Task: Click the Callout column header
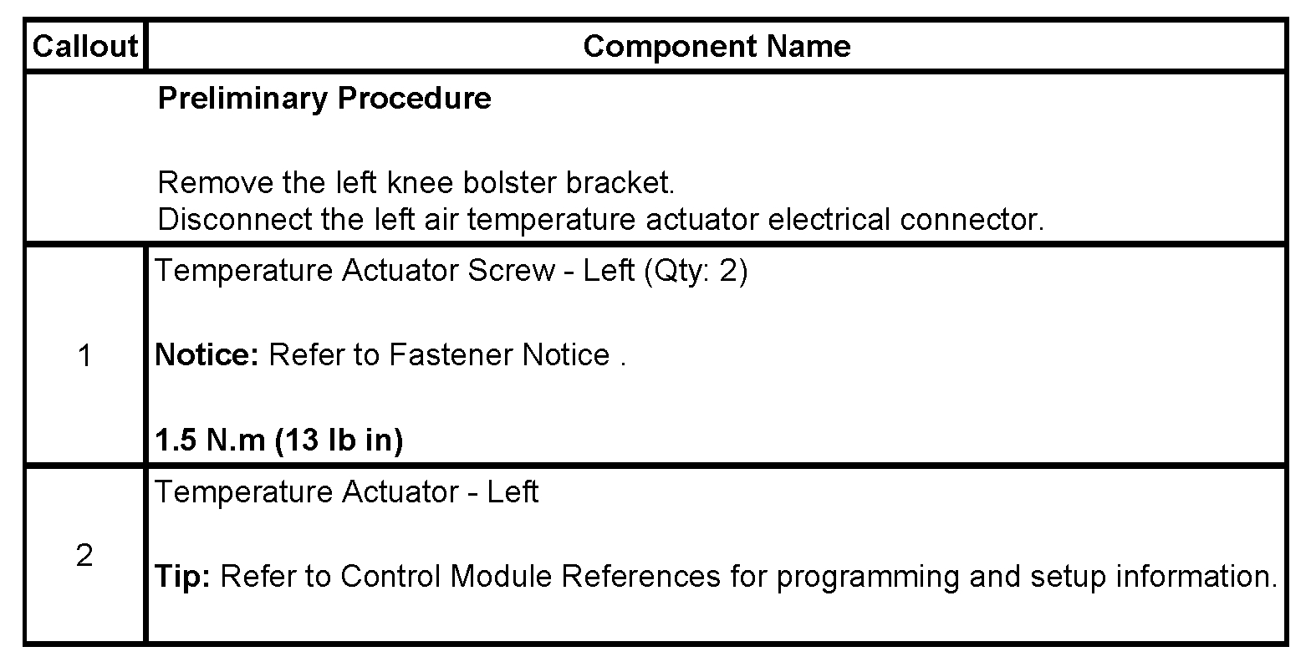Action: click(84, 46)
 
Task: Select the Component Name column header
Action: click(717, 46)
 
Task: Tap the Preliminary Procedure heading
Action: click(324, 99)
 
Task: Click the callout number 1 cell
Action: click(84, 356)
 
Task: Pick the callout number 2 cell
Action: click(84, 556)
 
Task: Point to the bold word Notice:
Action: click(207, 355)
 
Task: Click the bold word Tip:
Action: click(184, 576)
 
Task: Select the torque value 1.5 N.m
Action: click(210, 440)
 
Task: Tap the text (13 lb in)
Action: click(339, 440)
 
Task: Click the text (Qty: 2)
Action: click(696, 272)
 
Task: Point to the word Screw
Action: click(511, 272)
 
